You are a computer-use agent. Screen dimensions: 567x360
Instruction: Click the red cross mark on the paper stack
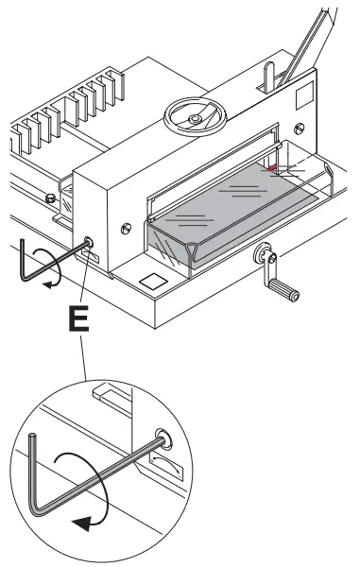tap(272, 169)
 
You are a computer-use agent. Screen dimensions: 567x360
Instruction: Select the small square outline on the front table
tap(150, 281)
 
